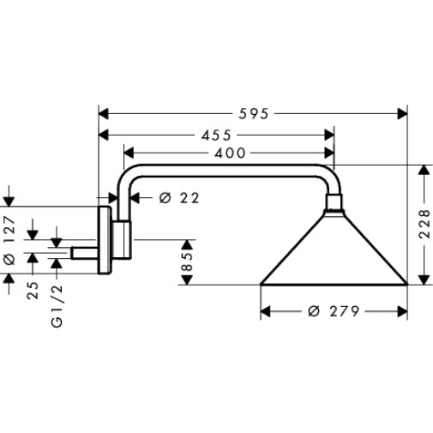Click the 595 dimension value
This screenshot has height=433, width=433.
click(x=254, y=114)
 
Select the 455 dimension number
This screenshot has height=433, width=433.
click(x=216, y=135)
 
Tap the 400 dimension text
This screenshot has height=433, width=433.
click(x=230, y=153)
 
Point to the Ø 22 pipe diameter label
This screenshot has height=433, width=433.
click(x=179, y=198)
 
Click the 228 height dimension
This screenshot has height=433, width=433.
click(x=424, y=224)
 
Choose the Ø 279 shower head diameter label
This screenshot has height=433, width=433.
click(x=334, y=311)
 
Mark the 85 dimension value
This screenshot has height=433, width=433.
click(x=187, y=262)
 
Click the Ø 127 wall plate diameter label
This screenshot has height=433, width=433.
click(x=9, y=240)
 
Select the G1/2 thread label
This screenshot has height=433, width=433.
click(x=57, y=306)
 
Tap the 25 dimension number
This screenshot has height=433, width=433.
click(x=33, y=291)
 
